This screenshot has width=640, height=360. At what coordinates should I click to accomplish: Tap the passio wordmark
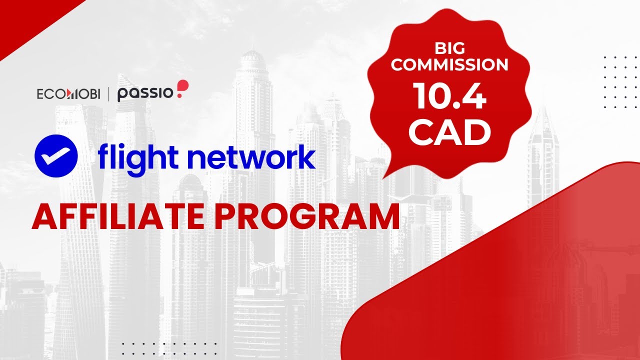point(145,93)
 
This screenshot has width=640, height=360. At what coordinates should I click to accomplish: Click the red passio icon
point(183,89)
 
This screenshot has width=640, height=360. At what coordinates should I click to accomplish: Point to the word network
point(255,157)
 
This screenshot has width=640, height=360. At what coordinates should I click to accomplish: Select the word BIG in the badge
point(449,49)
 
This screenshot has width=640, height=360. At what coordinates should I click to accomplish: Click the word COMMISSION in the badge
point(449,65)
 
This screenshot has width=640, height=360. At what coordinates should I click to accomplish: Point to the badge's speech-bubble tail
point(395,167)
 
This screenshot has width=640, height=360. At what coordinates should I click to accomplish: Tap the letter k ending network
point(306,157)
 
